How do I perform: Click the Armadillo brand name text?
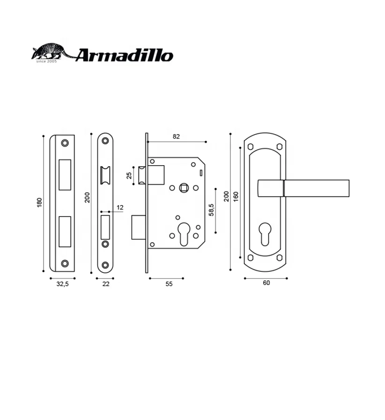(x=124, y=55)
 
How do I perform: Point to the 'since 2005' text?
(x=46, y=61)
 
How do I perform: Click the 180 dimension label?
(x=39, y=202)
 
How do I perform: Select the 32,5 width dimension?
(x=62, y=284)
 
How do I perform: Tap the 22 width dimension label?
(x=106, y=284)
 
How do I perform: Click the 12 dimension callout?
(x=120, y=207)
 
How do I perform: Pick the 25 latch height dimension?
(x=129, y=176)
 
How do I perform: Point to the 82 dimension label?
(x=176, y=137)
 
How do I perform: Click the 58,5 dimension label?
(x=211, y=210)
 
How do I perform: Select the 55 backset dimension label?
(x=169, y=284)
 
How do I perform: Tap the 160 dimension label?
(x=236, y=196)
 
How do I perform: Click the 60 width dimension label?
(x=266, y=283)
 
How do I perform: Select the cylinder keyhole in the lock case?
(x=183, y=233)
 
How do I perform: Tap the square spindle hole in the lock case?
(x=184, y=188)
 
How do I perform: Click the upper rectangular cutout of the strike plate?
(x=65, y=175)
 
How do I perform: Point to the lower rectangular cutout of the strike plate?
(x=65, y=231)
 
